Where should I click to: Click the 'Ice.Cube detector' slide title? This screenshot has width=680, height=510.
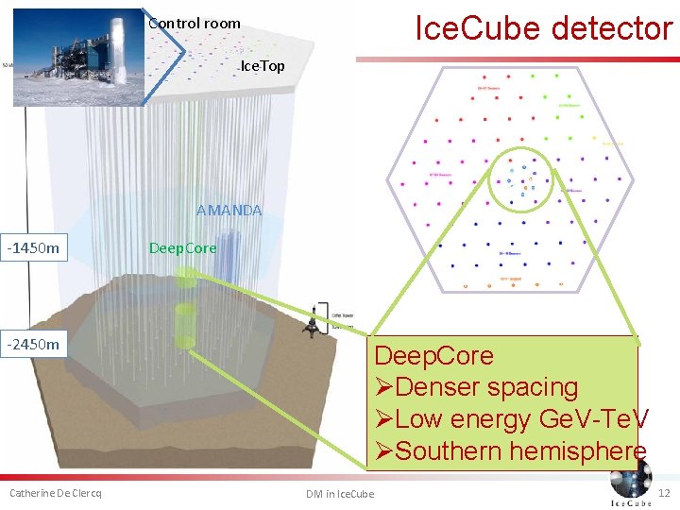point(543,28)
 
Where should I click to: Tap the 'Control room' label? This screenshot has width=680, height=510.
point(195,23)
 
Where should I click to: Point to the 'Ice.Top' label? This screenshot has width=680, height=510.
point(263,66)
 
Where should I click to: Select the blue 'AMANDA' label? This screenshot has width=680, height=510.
point(229,210)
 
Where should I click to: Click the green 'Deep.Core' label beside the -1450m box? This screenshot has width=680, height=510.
point(182,248)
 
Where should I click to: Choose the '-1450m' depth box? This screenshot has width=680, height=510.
point(34,248)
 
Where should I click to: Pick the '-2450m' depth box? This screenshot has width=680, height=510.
point(34,344)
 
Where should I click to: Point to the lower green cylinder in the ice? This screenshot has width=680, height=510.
point(186,326)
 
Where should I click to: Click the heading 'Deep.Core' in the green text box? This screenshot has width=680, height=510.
point(433,356)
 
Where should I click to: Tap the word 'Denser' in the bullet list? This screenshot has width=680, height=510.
point(438,387)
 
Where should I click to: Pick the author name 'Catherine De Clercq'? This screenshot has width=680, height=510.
point(56,493)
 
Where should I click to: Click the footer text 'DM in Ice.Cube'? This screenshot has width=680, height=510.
point(339,494)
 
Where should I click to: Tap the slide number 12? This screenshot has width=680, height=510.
point(663,493)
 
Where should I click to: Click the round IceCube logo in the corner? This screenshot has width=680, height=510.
point(630,482)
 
